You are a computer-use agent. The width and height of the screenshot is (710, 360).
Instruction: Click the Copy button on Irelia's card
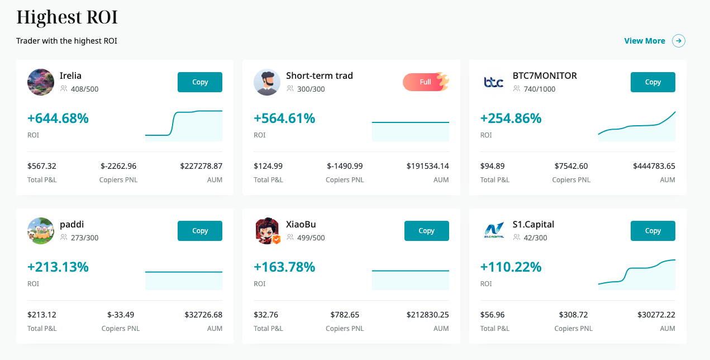click(x=199, y=82)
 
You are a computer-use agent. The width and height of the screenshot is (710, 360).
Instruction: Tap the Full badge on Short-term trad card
click(x=426, y=82)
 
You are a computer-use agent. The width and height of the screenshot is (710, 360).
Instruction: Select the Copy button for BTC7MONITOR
click(x=652, y=82)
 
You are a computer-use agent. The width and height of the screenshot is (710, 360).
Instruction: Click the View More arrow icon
click(x=679, y=41)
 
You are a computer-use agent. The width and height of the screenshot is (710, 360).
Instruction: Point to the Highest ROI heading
click(x=67, y=17)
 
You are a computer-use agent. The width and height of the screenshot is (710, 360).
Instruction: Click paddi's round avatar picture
click(x=41, y=231)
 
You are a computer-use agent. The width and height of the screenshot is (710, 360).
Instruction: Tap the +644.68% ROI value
click(x=58, y=119)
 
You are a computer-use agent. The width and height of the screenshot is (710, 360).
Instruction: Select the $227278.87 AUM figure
click(x=201, y=166)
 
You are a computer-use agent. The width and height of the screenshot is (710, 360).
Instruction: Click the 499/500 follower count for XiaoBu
click(x=311, y=238)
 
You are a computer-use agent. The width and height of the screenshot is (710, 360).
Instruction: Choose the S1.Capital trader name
click(x=533, y=224)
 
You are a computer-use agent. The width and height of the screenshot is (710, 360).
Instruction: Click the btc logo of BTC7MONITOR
click(x=493, y=83)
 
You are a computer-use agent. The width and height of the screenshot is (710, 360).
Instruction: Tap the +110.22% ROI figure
click(x=511, y=267)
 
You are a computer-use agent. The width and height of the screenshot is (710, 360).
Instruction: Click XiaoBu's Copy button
click(x=426, y=231)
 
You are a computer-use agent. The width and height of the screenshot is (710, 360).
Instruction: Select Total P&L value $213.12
click(x=42, y=315)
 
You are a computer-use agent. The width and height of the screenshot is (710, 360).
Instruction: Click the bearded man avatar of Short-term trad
click(x=267, y=82)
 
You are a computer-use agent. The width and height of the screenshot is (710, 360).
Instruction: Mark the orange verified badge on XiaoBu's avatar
click(x=276, y=240)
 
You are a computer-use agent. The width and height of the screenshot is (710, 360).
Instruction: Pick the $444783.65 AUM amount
click(x=654, y=166)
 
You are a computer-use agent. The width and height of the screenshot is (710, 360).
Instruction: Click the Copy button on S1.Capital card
click(x=652, y=231)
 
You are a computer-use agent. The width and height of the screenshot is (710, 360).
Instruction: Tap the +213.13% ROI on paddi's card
click(x=58, y=267)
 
